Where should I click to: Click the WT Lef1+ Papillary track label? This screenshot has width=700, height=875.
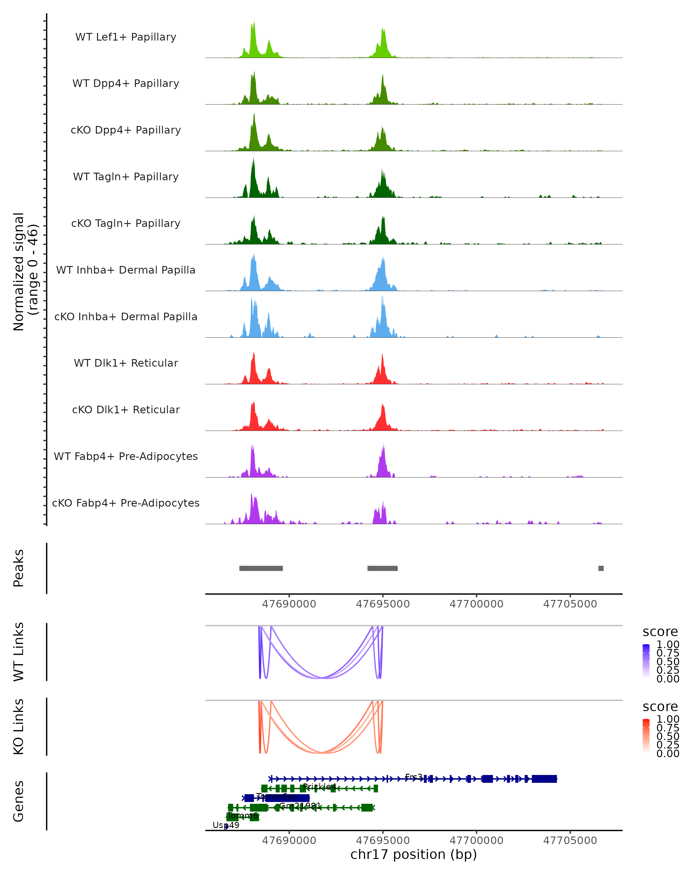(x=126, y=37)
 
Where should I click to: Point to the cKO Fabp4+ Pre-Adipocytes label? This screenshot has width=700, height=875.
(x=126, y=503)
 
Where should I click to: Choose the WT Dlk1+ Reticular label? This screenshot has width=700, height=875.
(x=126, y=363)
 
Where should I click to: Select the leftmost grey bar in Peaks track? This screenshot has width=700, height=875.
(x=261, y=568)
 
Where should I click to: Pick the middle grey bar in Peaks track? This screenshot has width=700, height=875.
(x=382, y=568)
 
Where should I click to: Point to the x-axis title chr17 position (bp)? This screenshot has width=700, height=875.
(x=414, y=854)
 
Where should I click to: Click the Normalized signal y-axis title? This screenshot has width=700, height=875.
(x=25, y=272)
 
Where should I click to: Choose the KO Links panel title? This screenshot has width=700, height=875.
(x=19, y=727)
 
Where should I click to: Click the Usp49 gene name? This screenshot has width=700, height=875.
(x=226, y=825)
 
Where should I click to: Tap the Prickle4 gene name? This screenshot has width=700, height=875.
(x=319, y=787)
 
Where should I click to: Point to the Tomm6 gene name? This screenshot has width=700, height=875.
(x=242, y=815)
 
